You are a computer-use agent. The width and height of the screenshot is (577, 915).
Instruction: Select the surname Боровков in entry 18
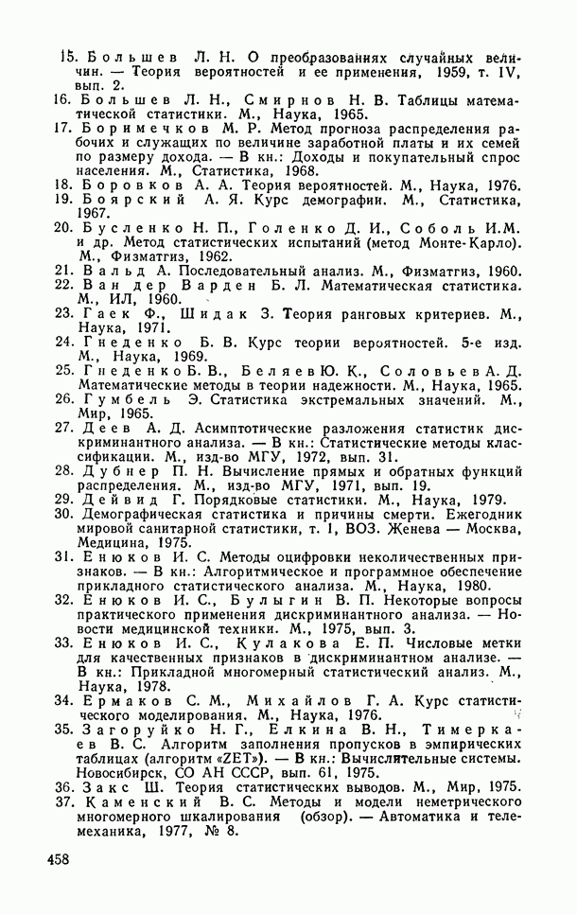coord(126,186)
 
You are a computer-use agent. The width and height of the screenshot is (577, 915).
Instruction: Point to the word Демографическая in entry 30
coord(142,515)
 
